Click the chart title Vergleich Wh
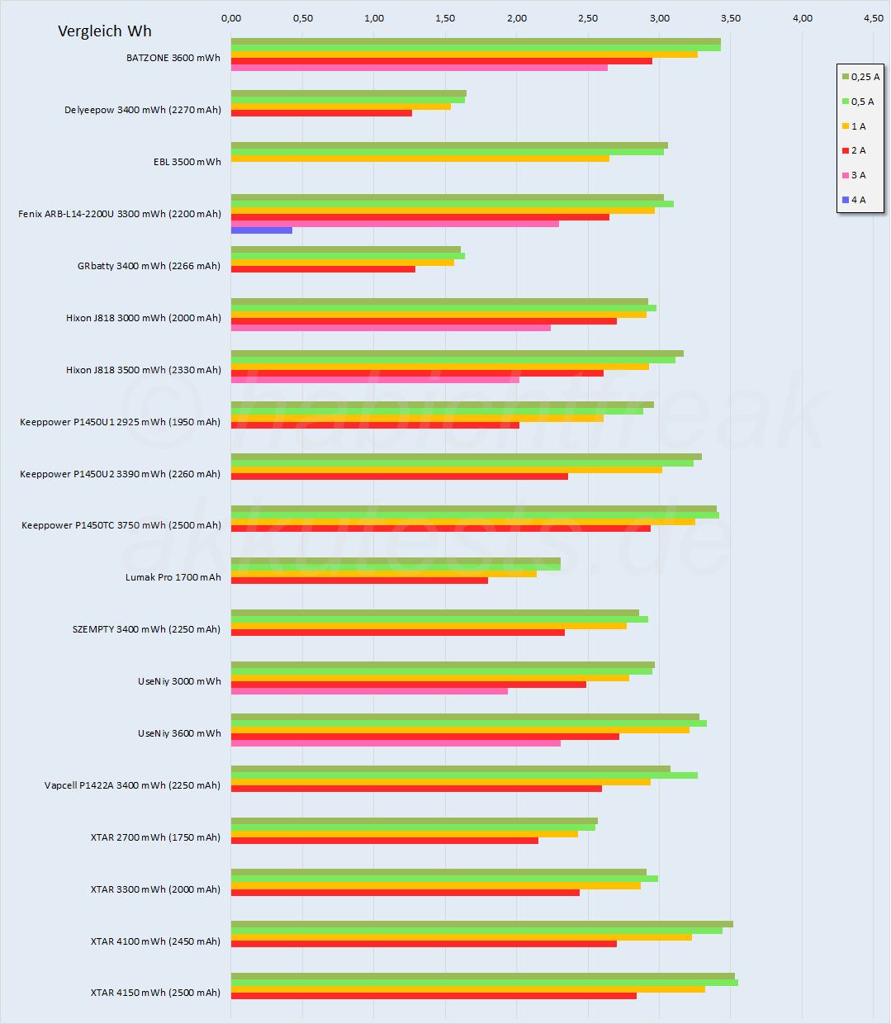click(105, 31)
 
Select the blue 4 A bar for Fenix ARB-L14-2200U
click(262, 230)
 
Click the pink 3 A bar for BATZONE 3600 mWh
click(419, 68)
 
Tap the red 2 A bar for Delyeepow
click(321, 113)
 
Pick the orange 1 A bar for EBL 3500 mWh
click(419, 159)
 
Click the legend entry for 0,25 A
click(860, 77)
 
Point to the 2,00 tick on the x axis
click(517, 18)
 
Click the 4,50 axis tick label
click(874, 18)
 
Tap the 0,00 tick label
click(231, 18)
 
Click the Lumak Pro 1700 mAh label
click(173, 577)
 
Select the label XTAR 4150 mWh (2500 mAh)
click(155, 993)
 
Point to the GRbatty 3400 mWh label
click(149, 266)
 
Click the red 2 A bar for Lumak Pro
click(359, 581)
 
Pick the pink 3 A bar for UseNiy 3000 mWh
click(369, 691)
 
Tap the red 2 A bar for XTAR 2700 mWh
click(385, 841)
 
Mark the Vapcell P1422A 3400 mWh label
click(132, 785)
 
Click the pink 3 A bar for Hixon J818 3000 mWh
click(391, 328)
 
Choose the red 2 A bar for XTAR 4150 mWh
click(434, 996)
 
